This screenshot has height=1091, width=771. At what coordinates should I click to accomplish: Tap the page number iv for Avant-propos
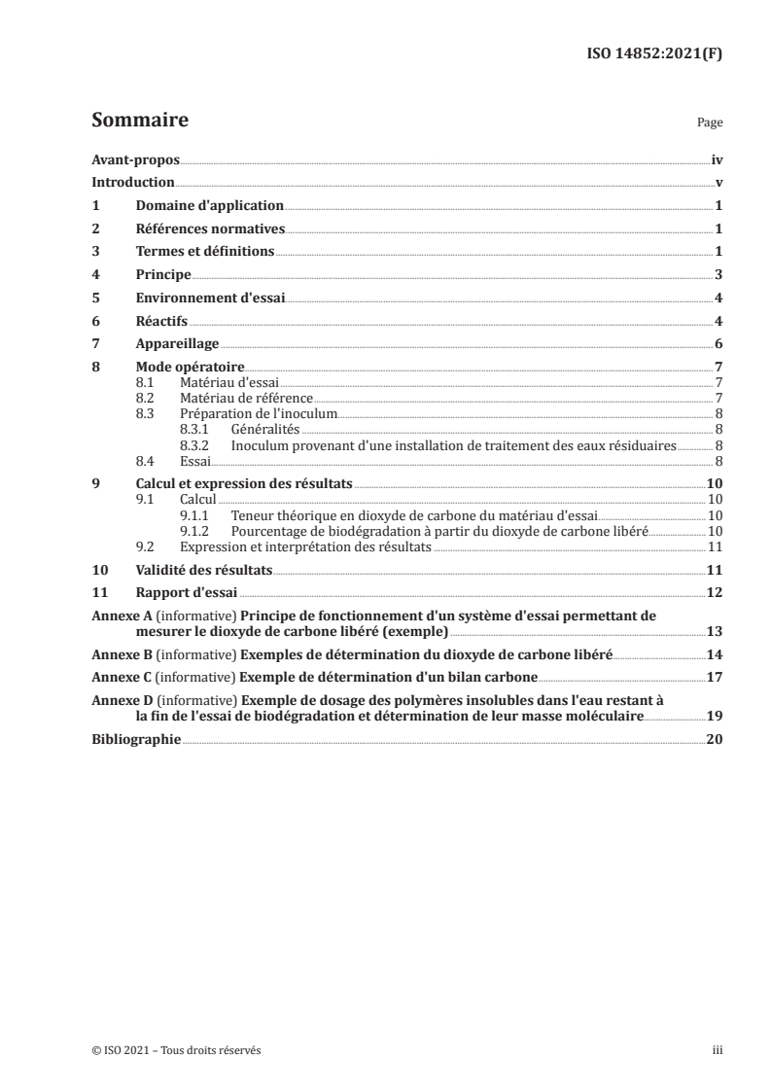coord(717,159)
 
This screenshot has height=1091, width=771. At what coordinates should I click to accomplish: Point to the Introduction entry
coord(132,183)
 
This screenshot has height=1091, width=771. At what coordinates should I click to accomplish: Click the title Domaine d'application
coord(209,206)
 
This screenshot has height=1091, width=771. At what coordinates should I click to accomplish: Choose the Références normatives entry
coord(210,229)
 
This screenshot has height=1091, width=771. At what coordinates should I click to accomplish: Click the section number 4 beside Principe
coord(95,275)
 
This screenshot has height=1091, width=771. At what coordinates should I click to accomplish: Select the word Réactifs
coord(161,322)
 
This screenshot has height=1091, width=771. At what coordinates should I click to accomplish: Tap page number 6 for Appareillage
coord(718,344)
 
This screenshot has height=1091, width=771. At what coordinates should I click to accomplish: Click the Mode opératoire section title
coord(190,368)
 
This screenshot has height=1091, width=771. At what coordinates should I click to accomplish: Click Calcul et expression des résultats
coord(244,483)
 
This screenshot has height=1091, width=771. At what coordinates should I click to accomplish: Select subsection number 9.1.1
coord(198,514)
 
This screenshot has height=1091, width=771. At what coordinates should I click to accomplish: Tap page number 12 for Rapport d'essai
coord(715,592)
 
